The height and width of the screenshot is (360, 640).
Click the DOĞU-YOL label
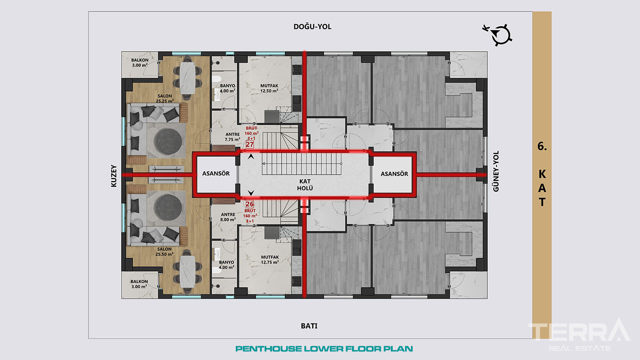pos(312,26)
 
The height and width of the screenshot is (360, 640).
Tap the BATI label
pos(309,326)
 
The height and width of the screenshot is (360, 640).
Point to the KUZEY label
pos(114,176)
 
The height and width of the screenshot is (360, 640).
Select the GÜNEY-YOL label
pos(496,171)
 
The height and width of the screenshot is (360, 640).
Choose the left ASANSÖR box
pos(216,174)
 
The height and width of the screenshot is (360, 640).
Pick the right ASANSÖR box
pos(394,174)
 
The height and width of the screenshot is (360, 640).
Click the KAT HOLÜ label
pos(305,185)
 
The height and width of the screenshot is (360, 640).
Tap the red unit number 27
pos(250,144)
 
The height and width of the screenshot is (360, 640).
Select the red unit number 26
pos(250,204)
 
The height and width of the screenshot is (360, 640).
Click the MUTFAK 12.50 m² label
pos(269,88)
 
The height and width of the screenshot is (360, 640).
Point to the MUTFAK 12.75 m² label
pos(270,259)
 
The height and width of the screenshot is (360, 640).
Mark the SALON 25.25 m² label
pos(165,99)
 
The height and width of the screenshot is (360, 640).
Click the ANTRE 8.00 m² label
pos(228,217)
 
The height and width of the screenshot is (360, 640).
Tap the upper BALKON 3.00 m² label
pos(140,63)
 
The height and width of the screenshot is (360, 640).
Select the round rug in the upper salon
pos(168,142)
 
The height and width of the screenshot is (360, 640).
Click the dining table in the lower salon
pos(187,271)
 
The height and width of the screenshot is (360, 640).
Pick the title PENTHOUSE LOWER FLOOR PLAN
pos(324,349)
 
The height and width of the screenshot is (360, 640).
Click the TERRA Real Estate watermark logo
pos(580,335)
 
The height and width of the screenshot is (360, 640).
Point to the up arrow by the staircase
pos(251,156)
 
